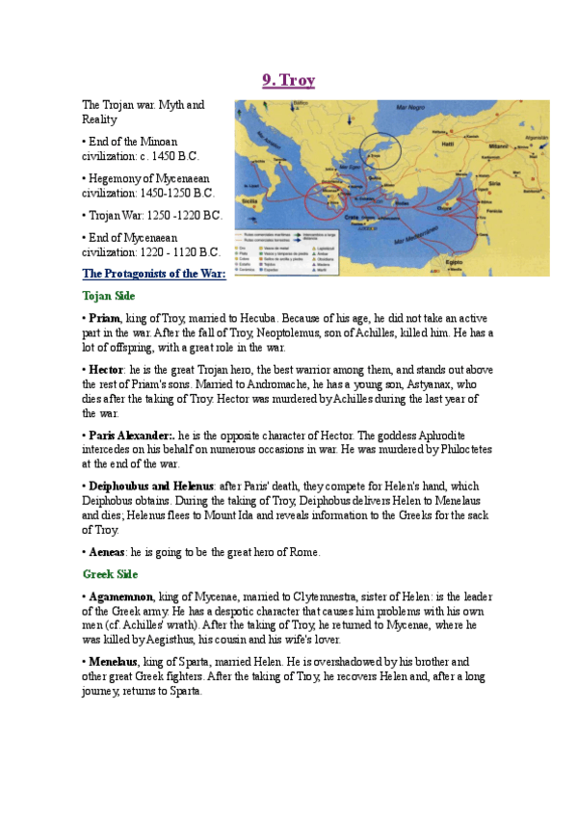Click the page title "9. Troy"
click(288, 81)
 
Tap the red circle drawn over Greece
click(341, 189)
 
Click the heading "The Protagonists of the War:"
click(154, 274)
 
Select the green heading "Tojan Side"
click(109, 296)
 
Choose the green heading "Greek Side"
click(110, 574)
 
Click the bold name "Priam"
click(104, 318)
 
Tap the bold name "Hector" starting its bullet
click(105, 369)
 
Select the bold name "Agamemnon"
click(120, 597)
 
